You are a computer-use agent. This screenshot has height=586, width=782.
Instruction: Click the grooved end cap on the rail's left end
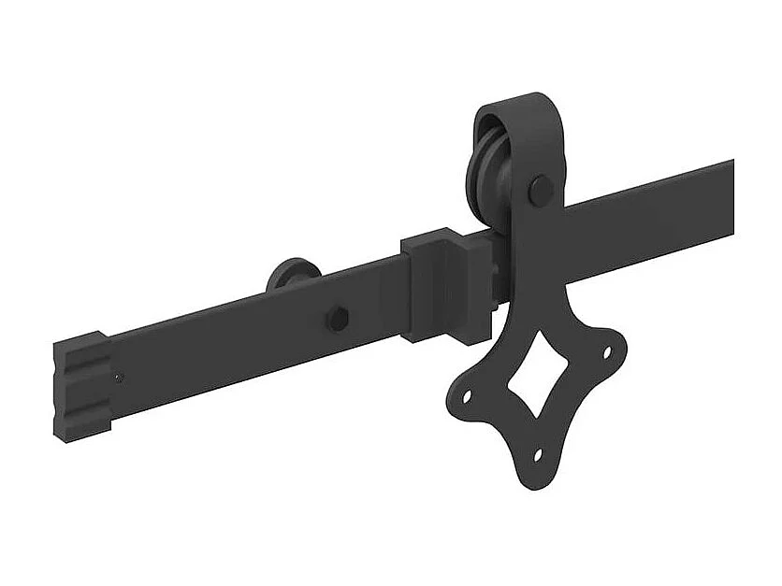click(82, 384)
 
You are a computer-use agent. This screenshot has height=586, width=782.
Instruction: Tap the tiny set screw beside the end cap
click(117, 378)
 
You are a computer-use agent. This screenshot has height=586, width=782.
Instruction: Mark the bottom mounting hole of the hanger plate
click(538, 455)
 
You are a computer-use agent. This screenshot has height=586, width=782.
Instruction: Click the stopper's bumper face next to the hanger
click(488, 285)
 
